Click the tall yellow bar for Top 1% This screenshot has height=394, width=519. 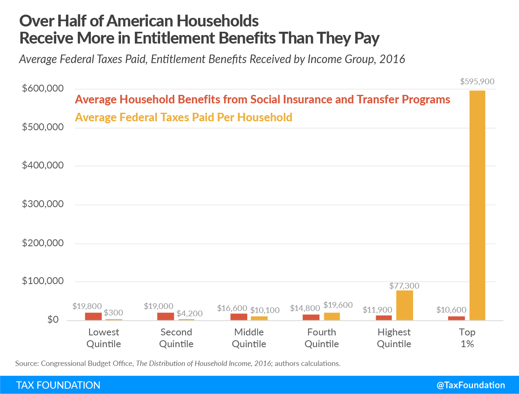click(477, 205)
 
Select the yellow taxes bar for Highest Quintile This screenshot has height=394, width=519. click(405, 305)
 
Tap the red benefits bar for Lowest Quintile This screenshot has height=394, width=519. click(93, 316)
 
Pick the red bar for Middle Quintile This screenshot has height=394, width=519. click(239, 317)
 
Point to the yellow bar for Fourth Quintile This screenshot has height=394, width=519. click(332, 316)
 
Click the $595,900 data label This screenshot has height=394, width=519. click(477, 81)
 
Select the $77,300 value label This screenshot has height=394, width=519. click(404, 286)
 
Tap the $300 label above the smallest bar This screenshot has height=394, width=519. click(113, 313)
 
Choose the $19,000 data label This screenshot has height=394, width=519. click(158, 306)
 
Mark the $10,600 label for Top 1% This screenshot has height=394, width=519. click(451, 310)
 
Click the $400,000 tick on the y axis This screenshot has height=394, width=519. click(43, 165)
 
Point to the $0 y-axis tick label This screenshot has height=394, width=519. click(53, 320)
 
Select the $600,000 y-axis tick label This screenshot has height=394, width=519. click(43, 88)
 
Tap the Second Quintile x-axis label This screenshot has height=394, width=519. click(176, 338)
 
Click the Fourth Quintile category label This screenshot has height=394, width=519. click(321, 338)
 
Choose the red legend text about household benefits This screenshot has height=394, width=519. click(262, 100)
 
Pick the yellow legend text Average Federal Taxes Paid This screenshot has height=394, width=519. click(183, 118)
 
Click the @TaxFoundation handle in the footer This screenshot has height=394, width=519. click(471, 385)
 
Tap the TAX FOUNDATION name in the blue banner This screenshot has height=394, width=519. click(58, 385)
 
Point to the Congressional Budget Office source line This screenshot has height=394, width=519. click(178, 363)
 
